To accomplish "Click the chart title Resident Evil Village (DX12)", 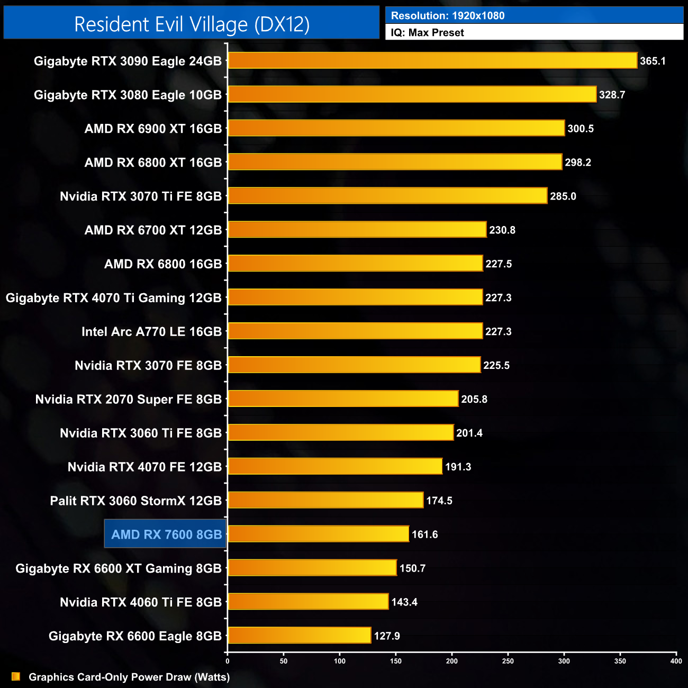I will tap(192, 24).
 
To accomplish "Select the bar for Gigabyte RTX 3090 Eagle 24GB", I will tap(432, 60).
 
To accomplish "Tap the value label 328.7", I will tap(612, 95).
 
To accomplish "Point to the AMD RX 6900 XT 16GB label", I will tap(153, 129).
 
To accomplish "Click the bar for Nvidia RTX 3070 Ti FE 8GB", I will tap(387, 196).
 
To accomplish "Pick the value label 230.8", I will tap(502, 230).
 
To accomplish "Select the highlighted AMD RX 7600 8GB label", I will tap(166, 535).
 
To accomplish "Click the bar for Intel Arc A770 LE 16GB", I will tap(355, 331).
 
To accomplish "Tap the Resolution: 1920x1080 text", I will tap(448, 16).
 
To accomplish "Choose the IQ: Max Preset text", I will tap(427, 33).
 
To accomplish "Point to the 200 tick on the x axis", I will tap(452, 661).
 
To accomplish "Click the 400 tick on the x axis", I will tap(676, 661).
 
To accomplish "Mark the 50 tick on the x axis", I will tap(284, 661).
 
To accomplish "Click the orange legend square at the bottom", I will tap(16, 677).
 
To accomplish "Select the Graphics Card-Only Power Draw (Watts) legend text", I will tap(129, 677).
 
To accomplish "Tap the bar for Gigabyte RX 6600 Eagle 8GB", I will tap(300, 636).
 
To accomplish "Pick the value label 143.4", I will tap(404, 602).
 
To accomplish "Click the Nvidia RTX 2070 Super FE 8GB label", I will tap(128, 399).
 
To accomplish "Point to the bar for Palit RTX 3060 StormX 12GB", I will tap(325, 500).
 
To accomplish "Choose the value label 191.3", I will tap(458, 467).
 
